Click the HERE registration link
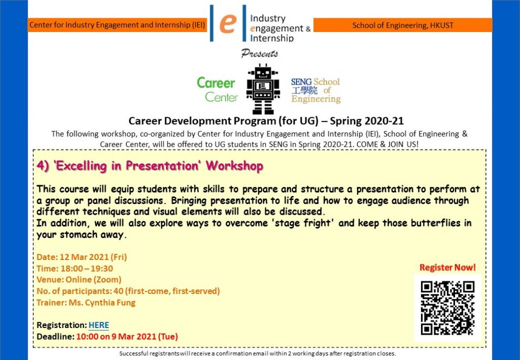point(99,325)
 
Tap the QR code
point(447,308)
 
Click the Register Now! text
point(447,268)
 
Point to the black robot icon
point(263,89)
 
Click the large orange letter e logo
point(227,23)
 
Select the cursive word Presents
point(259,53)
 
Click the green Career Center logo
point(217,90)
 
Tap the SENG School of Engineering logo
point(316,90)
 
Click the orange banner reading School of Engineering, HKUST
point(403,25)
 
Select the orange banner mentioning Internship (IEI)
point(117,25)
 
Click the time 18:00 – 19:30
point(86,269)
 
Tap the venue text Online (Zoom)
point(93,280)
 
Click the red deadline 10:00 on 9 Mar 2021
point(127,337)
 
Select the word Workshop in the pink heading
point(235,166)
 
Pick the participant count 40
point(118,291)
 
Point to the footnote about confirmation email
point(257,353)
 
